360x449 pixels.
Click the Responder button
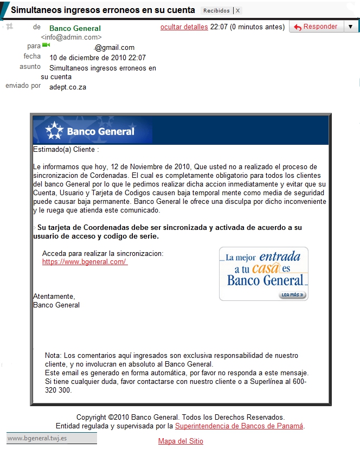coord(316,27)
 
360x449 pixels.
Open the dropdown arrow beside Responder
coord(350,27)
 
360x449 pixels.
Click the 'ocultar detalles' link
coord(184,27)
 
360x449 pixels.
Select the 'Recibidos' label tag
coord(216,10)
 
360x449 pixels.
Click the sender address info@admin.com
coord(71,37)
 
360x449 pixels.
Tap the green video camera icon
coord(46,46)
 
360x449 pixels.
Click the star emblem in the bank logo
coord(54,131)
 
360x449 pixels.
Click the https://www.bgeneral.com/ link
coord(85,262)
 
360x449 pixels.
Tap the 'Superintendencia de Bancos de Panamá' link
coord(239,426)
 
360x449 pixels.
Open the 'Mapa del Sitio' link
coord(181,441)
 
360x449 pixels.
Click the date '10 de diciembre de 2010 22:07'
coord(98,57)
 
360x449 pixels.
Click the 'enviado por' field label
coord(23,86)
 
